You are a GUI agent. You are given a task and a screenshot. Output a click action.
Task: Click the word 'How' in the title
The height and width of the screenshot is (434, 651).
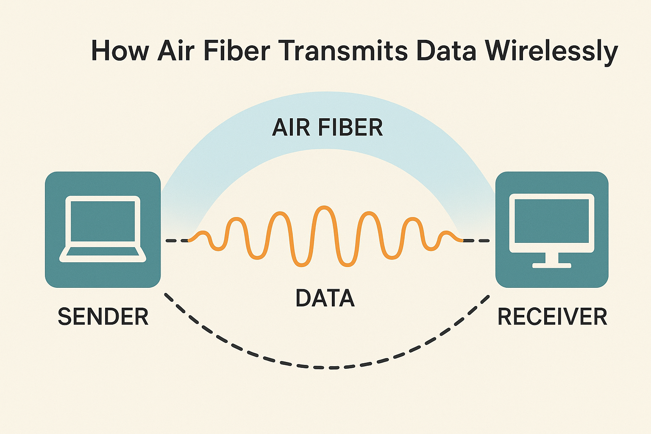120,51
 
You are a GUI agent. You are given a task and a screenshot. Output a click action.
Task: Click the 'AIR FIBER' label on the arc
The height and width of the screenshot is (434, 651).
327,127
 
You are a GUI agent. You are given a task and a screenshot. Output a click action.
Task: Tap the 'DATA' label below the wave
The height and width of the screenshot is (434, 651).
325,298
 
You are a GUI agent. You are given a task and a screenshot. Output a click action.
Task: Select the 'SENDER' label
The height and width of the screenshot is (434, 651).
103,317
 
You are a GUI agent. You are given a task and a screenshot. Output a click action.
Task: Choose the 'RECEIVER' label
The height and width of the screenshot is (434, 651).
552,317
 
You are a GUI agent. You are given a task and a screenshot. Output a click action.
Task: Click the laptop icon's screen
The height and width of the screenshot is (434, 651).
103,221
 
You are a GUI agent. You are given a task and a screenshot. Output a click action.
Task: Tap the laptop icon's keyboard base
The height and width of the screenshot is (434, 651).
103,253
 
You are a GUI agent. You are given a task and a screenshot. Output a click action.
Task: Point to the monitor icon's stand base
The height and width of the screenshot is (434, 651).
551,266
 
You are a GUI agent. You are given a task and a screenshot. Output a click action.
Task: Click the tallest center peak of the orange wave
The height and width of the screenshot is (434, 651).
324,208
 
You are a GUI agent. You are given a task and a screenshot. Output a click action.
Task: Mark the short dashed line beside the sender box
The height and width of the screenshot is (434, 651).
177,241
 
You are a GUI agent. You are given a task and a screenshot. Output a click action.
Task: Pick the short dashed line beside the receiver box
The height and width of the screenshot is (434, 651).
476,241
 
